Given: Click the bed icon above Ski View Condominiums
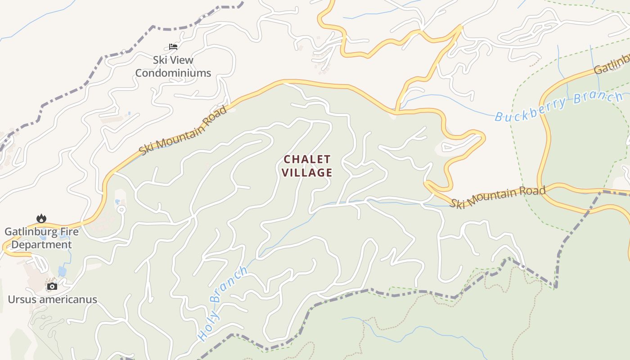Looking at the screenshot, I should click(x=173, y=46).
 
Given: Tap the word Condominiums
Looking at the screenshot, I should click(x=173, y=73).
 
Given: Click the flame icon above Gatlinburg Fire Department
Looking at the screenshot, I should click(x=41, y=219).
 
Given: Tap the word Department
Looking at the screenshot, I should click(x=41, y=245).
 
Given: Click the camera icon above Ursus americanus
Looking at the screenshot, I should click(x=52, y=286).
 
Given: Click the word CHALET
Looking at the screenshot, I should click(x=307, y=159).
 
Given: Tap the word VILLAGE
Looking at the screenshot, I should click(x=307, y=172).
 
